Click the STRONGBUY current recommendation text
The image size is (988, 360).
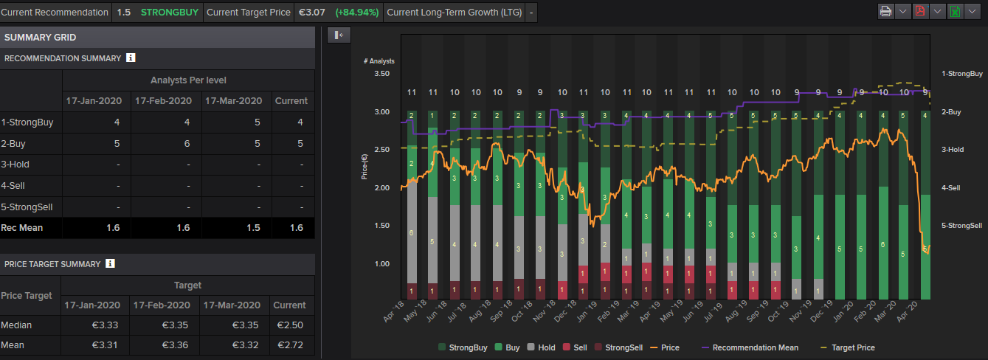[170, 13]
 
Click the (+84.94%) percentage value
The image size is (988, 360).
[356, 13]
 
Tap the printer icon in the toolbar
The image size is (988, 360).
[885, 11]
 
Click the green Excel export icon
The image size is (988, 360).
[955, 11]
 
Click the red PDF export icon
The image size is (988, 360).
[920, 11]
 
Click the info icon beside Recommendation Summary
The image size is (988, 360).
[131, 58]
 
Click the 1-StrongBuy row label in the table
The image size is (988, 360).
[27, 122]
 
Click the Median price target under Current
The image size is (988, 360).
[290, 325]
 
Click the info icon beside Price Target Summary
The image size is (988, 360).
[110, 263]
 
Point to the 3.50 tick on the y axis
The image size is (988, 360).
[381, 74]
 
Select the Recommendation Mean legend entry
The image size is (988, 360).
[750, 347]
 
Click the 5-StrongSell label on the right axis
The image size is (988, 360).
[961, 225]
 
